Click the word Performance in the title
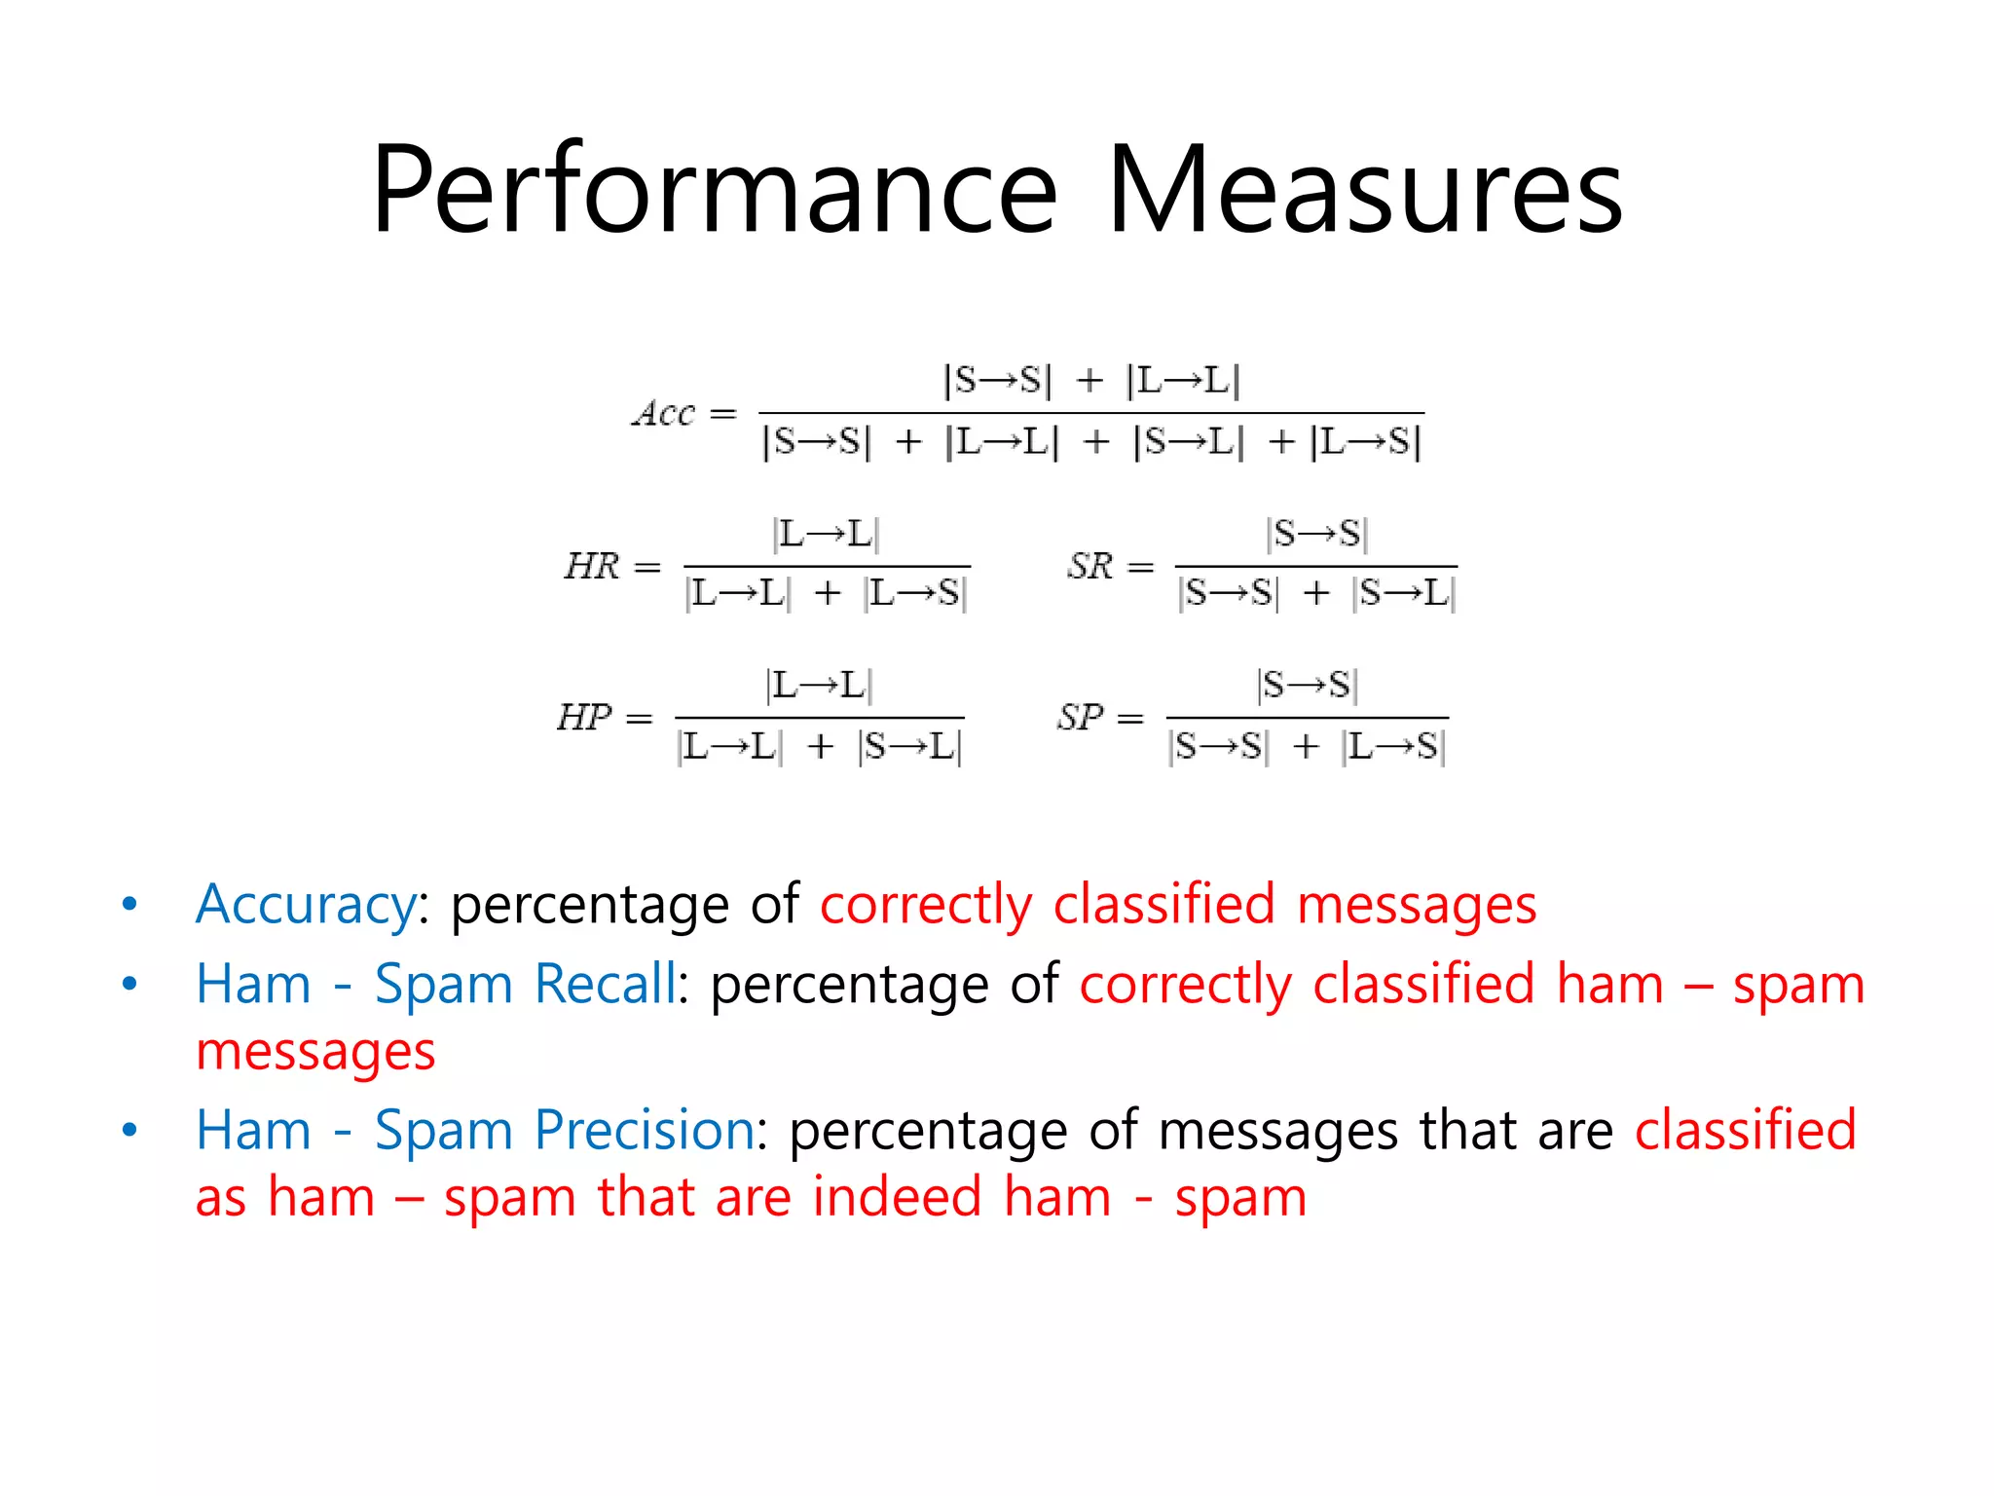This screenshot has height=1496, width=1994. [714, 190]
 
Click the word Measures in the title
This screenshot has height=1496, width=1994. [1365, 190]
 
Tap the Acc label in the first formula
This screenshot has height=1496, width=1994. [665, 413]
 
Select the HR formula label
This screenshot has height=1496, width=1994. [592, 566]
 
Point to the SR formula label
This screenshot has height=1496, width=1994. [1090, 566]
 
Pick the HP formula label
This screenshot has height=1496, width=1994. [585, 718]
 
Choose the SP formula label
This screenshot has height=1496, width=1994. [1082, 718]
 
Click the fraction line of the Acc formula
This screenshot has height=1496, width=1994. [1090, 413]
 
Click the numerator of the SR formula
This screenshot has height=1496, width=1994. [1316, 534]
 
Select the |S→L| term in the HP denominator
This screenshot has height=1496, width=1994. [910, 747]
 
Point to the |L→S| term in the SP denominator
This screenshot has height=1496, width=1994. [1393, 747]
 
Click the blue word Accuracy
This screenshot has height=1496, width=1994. [306, 905]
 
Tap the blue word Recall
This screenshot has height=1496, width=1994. [606, 984]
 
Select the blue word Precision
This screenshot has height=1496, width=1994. [645, 1131]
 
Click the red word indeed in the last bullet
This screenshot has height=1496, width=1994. [897, 1197]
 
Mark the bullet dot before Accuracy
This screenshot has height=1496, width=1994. [129, 905]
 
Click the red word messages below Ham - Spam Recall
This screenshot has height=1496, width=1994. [315, 1052]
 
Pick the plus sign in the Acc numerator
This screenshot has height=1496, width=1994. [1089, 380]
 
